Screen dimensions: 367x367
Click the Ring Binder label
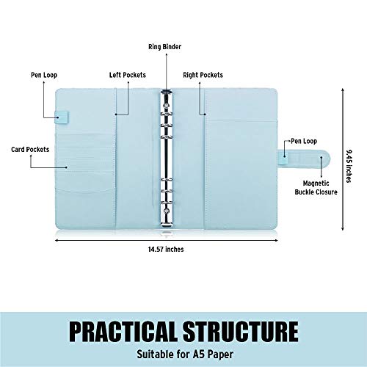[164, 47]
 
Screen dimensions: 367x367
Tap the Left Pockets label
[128, 75]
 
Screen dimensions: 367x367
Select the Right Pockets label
[203, 75]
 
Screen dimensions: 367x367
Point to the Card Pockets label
[30, 149]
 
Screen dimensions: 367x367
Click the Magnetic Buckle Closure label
[316, 188]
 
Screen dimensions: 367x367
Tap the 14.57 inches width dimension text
[166, 250]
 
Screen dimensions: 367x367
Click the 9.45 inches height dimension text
[349, 166]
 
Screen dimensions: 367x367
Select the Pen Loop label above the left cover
[44, 75]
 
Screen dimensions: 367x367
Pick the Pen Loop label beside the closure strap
[304, 141]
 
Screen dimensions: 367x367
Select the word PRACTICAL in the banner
[123, 331]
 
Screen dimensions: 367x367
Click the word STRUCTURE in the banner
[241, 331]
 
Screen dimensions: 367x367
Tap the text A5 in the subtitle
[198, 354]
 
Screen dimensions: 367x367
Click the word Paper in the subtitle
[220, 355]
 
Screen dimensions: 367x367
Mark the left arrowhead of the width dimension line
[57, 240]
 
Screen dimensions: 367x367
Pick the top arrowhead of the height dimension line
[343, 90]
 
